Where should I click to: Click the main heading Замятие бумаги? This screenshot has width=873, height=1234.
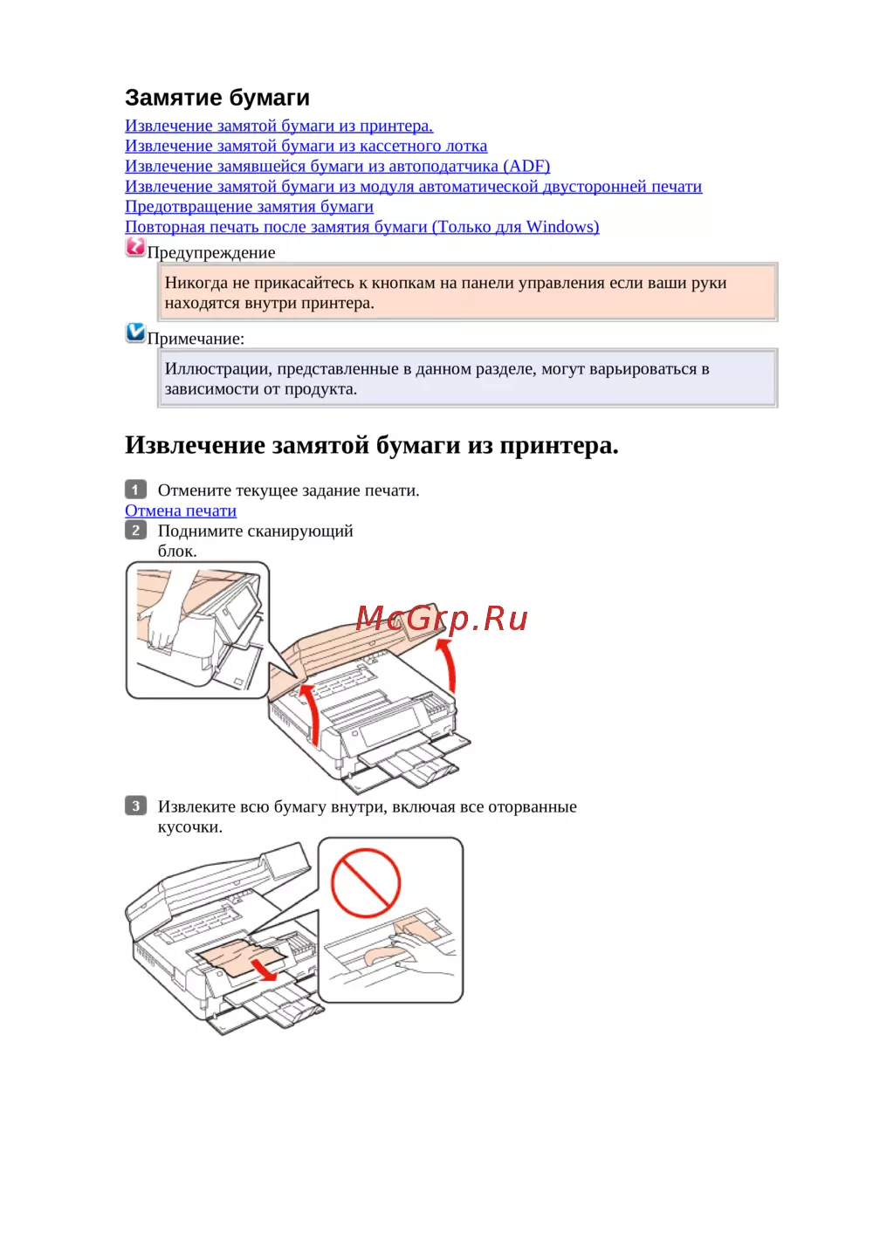(x=217, y=98)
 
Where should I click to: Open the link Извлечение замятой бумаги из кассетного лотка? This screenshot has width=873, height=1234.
(x=306, y=146)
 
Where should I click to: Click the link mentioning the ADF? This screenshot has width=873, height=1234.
(x=337, y=167)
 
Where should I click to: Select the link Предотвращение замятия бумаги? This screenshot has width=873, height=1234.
(x=249, y=207)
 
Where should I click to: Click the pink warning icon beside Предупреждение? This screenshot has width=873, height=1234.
(x=135, y=247)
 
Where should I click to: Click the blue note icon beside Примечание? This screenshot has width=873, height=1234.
(x=135, y=332)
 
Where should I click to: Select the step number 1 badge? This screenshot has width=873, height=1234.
(x=135, y=490)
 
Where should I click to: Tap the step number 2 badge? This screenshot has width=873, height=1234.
(x=135, y=530)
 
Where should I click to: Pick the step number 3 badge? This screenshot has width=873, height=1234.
(x=135, y=806)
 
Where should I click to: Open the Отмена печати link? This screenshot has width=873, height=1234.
(x=181, y=511)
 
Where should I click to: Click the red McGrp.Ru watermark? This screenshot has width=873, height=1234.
(x=442, y=618)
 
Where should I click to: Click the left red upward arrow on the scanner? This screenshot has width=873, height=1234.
(x=310, y=715)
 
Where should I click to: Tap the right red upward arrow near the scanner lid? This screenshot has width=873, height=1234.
(x=450, y=664)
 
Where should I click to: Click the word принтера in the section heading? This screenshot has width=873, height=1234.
(x=559, y=446)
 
